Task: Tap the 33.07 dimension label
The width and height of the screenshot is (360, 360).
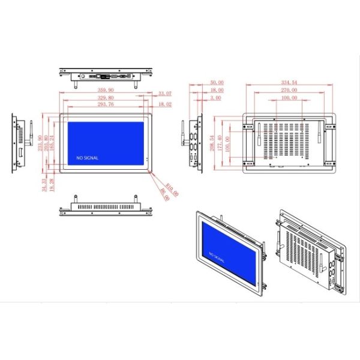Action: point(165,94)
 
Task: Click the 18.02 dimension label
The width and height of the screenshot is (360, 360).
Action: point(165,104)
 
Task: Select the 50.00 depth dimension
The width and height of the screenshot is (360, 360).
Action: point(216,82)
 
